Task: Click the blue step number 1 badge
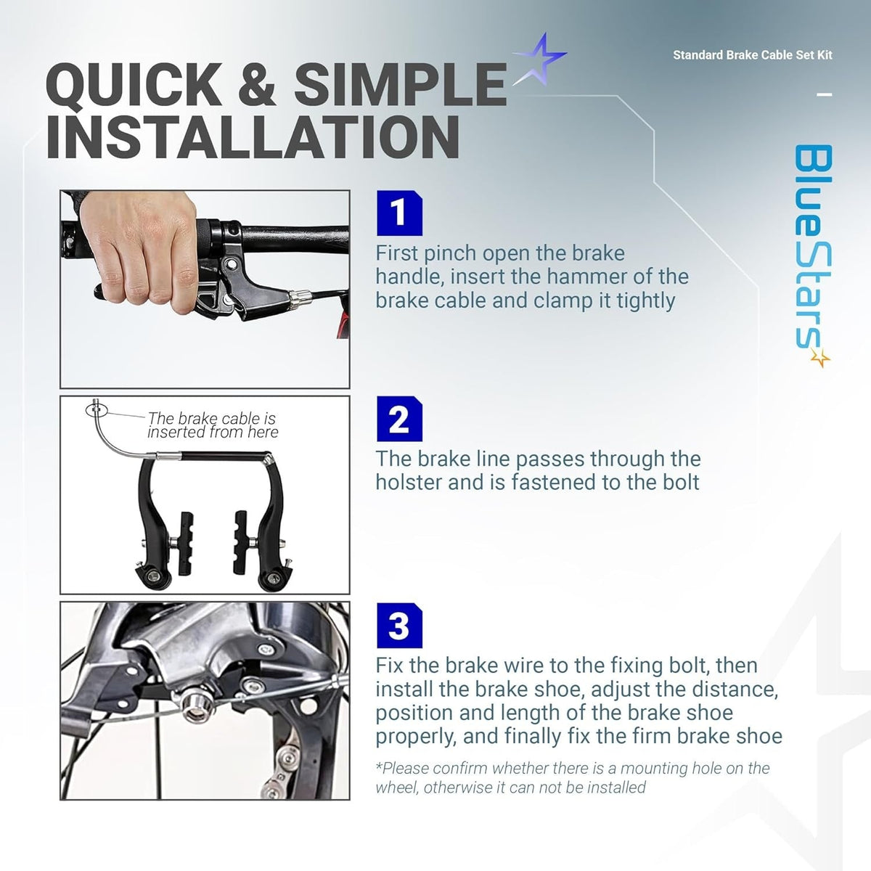tap(399, 213)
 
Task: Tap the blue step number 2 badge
tap(399, 419)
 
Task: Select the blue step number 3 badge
tap(399, 626)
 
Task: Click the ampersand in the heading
tap(257, 84)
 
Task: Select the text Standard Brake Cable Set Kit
tap(753, 55)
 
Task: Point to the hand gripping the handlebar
tap(139, 246)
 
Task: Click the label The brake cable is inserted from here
tap(213, 425)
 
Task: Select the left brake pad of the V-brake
tap(185, 543)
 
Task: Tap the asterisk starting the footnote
tap(379, 766)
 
